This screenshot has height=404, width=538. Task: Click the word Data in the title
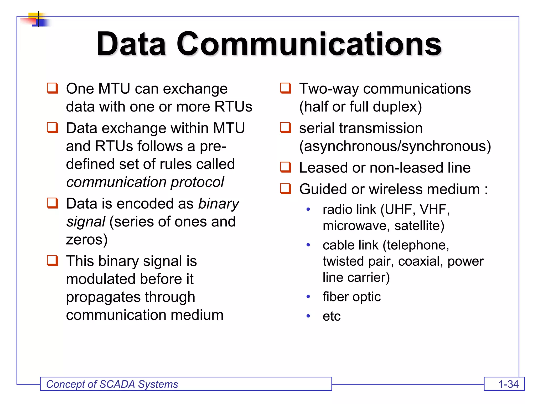click(x=131, y=44)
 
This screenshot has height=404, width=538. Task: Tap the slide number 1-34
click(x=508, y=384)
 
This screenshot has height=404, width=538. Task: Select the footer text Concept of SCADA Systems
click(x=112, y=384)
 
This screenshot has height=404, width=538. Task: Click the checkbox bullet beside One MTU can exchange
click(x=52, y=88)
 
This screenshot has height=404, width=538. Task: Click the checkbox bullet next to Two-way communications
click(x=286, y=88)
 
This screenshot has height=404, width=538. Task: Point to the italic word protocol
click(x=197, y=182)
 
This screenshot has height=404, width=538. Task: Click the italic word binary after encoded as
click(x=219, y=204)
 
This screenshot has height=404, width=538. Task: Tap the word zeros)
click(x=87, y=240)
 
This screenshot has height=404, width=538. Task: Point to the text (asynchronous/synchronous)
click(x=395, y=146)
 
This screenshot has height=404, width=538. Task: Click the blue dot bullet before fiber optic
click(x=308, y=297)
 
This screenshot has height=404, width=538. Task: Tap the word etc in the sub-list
click(x=332, y=316)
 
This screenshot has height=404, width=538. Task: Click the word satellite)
click(x=419, y=226)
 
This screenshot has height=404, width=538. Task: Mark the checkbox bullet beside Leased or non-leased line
click(x=286, y=167)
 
